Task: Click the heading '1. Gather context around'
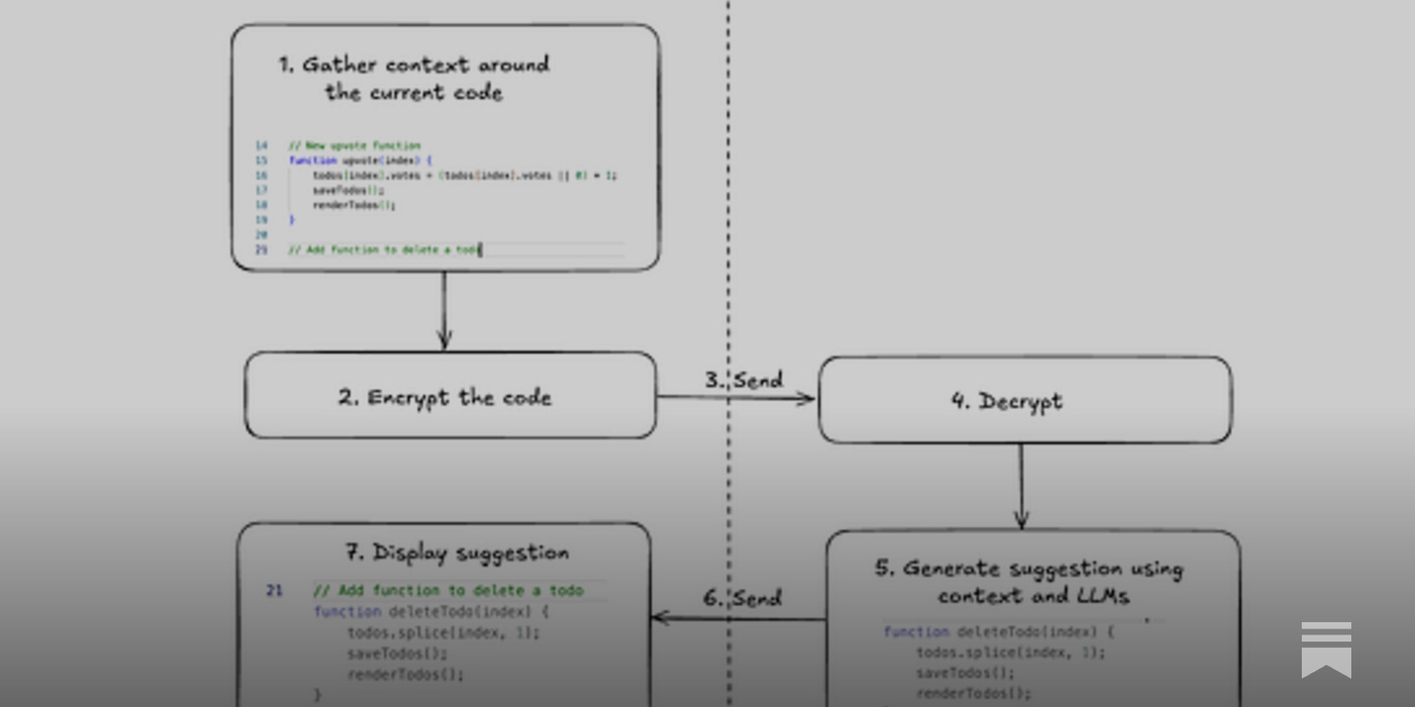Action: (414, 65)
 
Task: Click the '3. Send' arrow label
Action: (744, 380)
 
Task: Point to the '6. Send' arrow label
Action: (743, 598)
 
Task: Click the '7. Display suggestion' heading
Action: (457, 553)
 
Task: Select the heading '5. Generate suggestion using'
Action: (1029, 568)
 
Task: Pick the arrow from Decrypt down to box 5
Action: (1021, 486)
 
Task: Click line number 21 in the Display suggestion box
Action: (274, 590)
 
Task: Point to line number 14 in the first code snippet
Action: (261, 145)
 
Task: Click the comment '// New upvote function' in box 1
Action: (355, 145)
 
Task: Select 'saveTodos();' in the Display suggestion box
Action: (397, 654)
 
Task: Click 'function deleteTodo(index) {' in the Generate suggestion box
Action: (998, 632)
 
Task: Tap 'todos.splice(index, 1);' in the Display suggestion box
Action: (443, 633)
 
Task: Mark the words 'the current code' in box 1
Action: (414, 93)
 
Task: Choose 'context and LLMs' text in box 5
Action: (1033, 597)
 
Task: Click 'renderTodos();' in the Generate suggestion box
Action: (974, 694)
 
